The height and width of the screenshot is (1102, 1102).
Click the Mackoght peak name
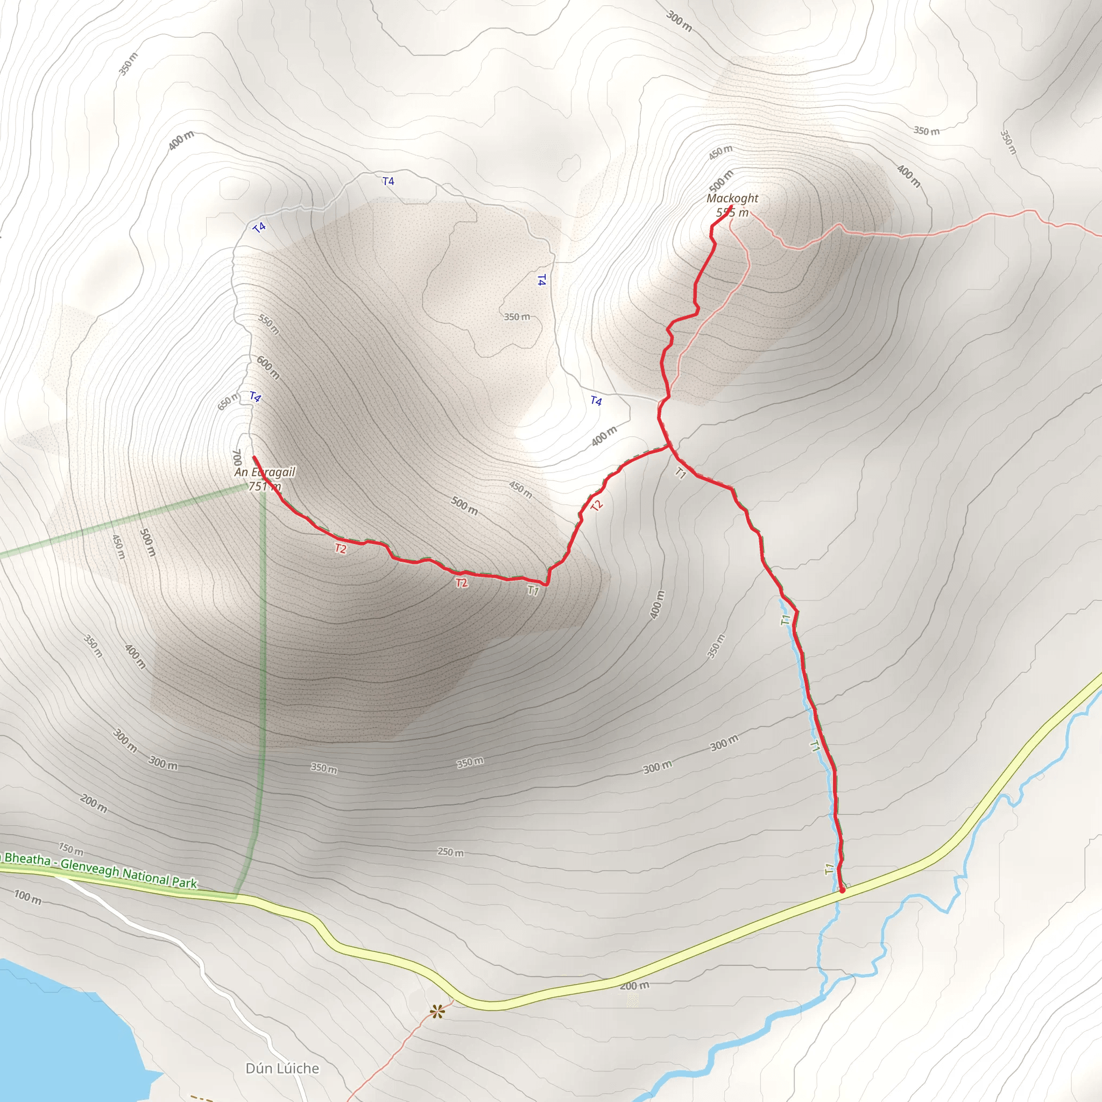732,199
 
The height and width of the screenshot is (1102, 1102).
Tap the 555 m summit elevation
732,213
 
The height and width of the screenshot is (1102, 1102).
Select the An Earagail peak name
265,472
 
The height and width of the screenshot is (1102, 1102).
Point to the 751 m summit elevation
265,486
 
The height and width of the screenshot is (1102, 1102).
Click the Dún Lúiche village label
282,1068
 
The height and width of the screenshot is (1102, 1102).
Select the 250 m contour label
450,852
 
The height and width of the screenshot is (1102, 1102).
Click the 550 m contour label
269,324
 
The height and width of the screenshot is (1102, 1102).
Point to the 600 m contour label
268,368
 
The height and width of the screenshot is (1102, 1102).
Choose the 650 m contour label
228,401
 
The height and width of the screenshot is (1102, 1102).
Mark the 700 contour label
237,457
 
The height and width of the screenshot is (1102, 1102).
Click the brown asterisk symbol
437,1013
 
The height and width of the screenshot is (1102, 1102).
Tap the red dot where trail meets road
842,889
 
